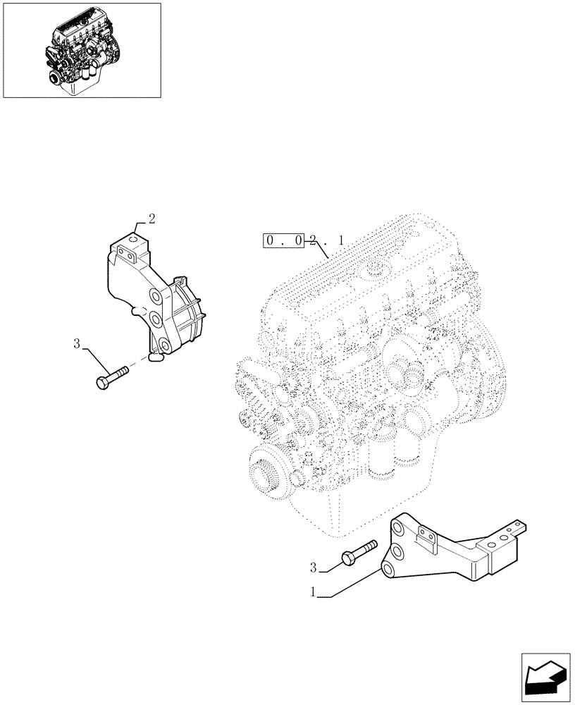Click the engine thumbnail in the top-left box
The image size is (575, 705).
tap(82, 50)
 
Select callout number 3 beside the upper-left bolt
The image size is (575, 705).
tap(77, 344)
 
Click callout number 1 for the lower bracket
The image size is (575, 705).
tap(313, 594)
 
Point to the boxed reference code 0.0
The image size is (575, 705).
tap(285, 241)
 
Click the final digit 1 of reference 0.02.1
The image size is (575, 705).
tap(341, 241)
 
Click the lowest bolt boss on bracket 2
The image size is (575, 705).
tap(163, 345)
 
